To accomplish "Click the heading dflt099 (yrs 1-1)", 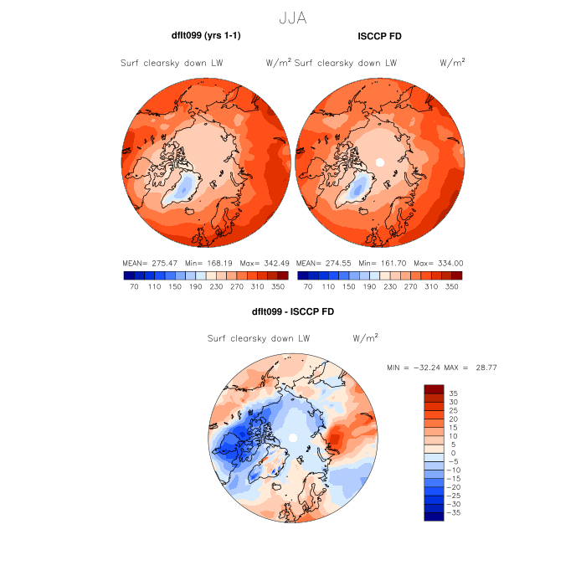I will pyautogui.click(x=206, y=36).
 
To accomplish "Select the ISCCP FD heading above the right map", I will pyautogui.click(x=379, y=36).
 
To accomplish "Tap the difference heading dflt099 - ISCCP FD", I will pyautogui.click(x=292, y=312).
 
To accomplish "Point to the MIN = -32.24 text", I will pyautogui.click(x=414, y=368).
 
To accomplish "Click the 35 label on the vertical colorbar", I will pyautogui.click(x=453, y=393).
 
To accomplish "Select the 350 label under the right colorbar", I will pyautogui.click(x=452, y=286).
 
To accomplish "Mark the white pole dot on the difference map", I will pyautogui.click(x=292, y=438).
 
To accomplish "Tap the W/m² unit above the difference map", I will pyautogui.click(x=365, y=338).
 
